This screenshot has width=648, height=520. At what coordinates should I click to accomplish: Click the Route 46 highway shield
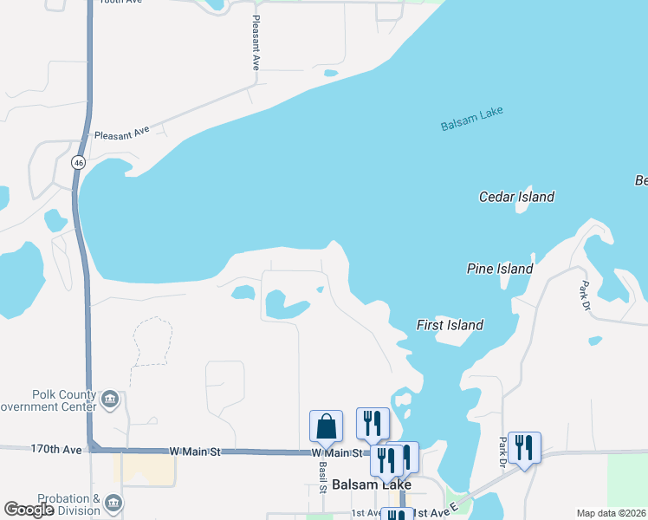click(x=79, y=162)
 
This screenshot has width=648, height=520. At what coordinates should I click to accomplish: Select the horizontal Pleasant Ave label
click(x=121, y=133)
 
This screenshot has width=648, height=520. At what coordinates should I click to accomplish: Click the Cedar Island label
click(x=516, y=197)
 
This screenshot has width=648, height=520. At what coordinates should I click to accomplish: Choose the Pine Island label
click(x=499, y=269)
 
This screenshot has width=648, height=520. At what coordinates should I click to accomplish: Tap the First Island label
click(x=450, y=325)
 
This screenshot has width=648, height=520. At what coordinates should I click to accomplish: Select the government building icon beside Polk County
click(x=110, y=399)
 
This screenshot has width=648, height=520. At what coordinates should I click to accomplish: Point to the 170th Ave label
click(x=55, y=450)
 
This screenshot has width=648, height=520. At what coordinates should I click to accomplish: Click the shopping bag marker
click(x=326, y=426)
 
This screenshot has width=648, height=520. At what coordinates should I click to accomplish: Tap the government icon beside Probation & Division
click(x=113, y=503)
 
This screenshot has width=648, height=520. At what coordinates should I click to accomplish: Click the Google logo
click(x=29, y=510)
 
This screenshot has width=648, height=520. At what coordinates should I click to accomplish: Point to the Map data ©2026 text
click(x=610, y=513)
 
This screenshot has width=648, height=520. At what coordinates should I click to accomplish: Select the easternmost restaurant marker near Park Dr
click(x=524, y=447)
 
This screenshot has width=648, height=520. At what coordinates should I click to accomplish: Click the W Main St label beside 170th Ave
click(x=196, y=452)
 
